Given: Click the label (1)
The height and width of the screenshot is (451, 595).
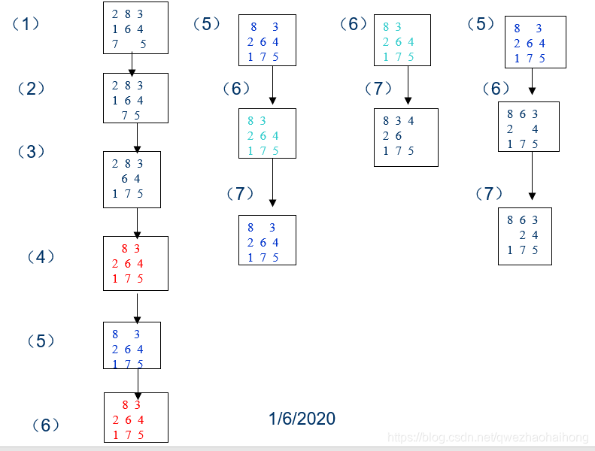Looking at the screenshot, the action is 26,23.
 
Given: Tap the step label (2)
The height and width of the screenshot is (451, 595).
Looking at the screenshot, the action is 32,89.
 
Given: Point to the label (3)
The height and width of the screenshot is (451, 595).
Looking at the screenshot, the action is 32,152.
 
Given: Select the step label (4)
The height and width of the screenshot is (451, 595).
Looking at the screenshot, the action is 41,257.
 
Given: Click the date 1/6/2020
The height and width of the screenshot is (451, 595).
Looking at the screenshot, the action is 302,419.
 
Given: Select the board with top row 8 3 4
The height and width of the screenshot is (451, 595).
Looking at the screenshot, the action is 405,136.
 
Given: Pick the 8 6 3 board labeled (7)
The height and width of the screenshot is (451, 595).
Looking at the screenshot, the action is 524,235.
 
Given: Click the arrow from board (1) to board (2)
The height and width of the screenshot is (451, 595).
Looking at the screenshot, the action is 132,63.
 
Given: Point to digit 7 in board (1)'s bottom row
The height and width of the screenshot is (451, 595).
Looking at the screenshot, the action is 115,44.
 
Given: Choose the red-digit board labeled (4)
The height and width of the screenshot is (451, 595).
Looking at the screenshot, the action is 135,263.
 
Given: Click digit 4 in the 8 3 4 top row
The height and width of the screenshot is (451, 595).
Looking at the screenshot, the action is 411,120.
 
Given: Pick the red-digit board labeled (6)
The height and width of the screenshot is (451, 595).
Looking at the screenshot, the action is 135,418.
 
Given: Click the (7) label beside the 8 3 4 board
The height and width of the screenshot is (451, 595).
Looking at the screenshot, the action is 378,89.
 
